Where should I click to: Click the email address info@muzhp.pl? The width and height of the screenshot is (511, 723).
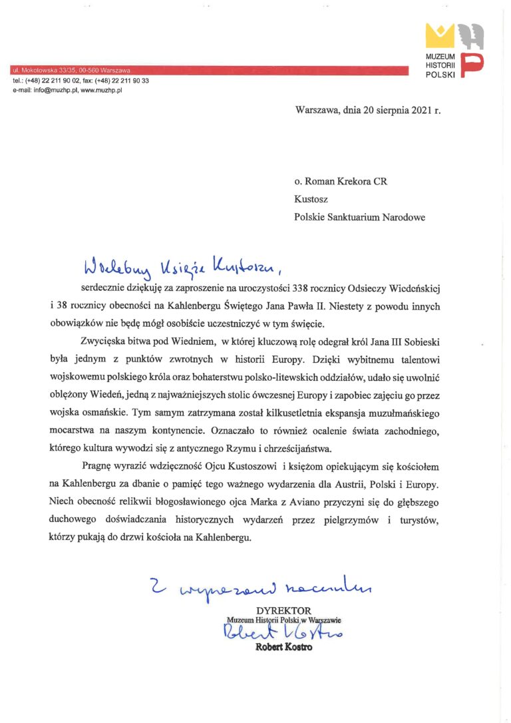pos(52,90)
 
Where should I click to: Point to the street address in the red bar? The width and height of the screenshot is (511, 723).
pos(71,70)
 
